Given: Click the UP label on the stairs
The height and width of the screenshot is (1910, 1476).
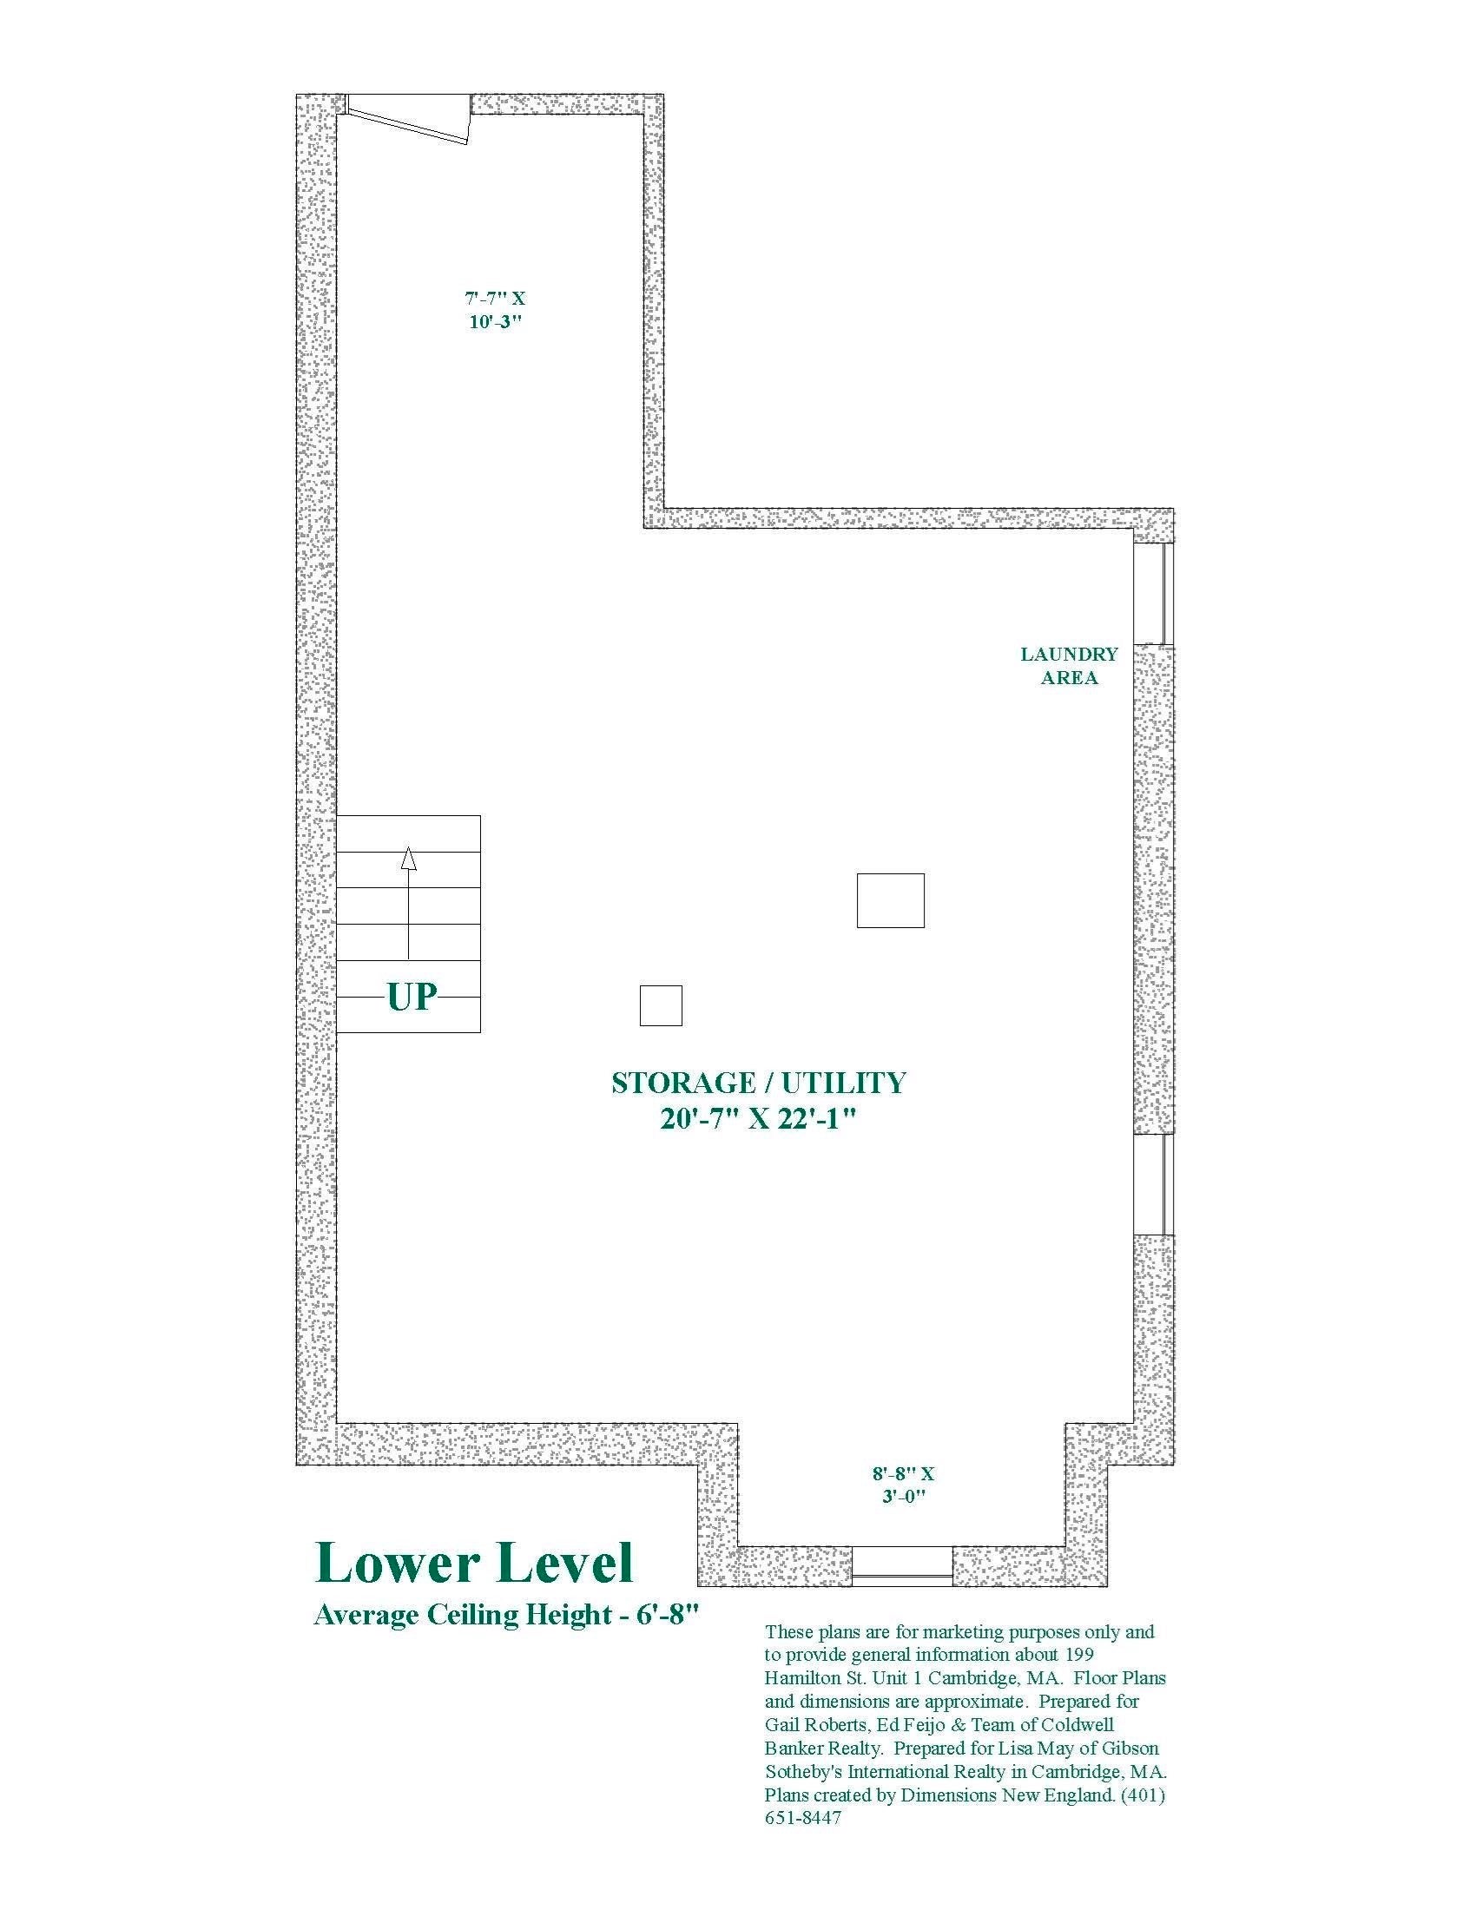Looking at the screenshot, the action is point(412,996).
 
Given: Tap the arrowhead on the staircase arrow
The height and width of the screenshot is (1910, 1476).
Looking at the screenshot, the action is point(408,859).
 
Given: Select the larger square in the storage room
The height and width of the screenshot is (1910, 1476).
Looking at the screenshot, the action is point(890,900).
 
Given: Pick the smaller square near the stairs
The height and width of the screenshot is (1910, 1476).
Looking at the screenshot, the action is point(661,1004).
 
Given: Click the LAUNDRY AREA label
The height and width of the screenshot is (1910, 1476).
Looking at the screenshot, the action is point(1070,666).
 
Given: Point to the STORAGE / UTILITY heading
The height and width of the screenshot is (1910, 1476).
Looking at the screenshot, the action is point(758,1083).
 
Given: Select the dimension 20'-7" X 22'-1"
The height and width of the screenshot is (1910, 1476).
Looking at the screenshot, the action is point(757,1119).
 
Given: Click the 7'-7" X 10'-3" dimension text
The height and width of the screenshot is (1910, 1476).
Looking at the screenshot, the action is point(495,310).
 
